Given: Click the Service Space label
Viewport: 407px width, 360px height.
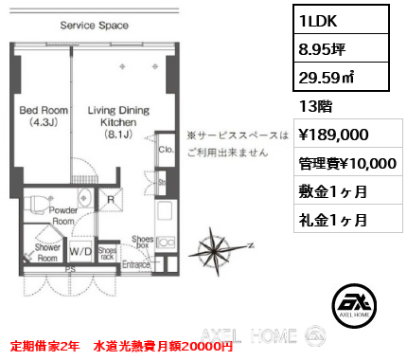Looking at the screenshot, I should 94,26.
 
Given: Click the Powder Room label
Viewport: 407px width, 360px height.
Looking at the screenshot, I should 63,214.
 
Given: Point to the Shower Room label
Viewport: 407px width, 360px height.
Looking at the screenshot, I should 47,251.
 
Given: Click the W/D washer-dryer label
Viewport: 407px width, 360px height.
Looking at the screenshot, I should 80,252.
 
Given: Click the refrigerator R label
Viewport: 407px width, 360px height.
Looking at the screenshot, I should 112,201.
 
